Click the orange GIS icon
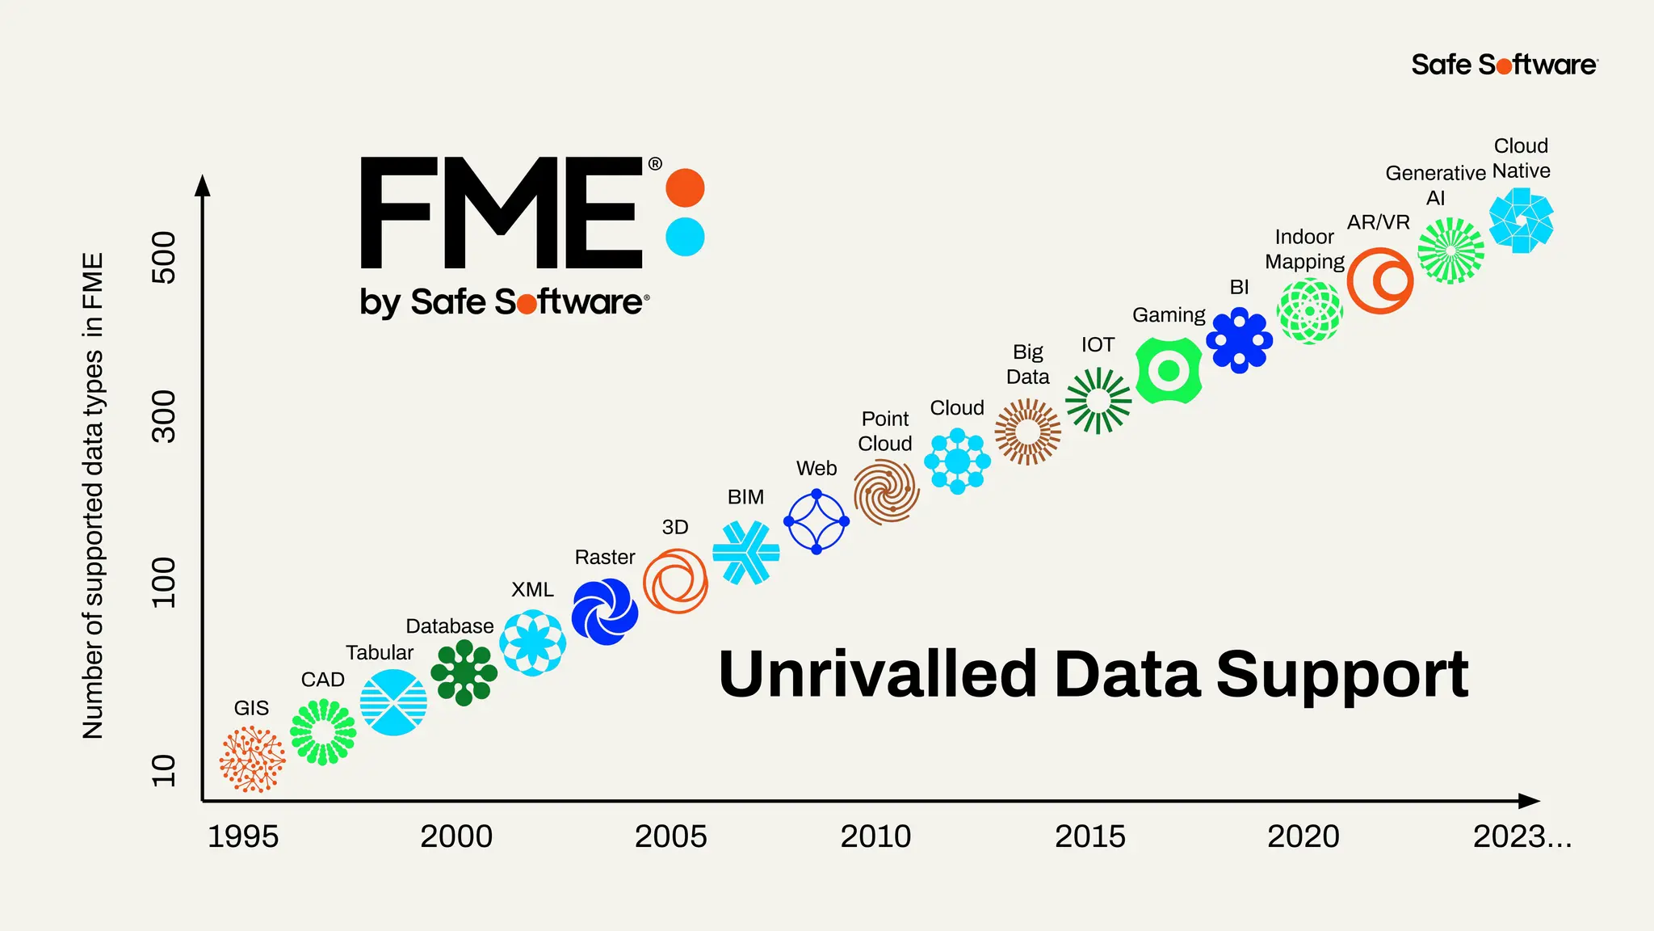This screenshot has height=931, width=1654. point(252,758)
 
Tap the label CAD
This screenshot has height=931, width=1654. point(322,680)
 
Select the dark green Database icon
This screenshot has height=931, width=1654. point(464,672)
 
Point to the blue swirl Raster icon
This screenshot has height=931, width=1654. point(605,612)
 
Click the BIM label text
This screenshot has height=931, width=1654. point(745,497)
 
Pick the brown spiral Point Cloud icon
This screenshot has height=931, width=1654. point(886,491)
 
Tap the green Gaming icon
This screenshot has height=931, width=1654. point(1168,371)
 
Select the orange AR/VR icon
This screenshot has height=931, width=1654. point(1380,280)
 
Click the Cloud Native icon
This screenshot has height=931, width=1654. point(1521,221)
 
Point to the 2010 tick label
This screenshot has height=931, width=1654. point(875,836)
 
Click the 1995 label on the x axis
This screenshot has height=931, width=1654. point(243,836)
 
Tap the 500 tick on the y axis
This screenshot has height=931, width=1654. point(164,257)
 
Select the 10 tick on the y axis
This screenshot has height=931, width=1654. point(164,770)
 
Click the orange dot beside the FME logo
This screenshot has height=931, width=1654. point(685,188)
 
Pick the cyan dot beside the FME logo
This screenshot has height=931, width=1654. point(685,237)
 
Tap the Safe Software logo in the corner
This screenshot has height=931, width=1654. point(1504,65)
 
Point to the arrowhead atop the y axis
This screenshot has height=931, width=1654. point(203,185)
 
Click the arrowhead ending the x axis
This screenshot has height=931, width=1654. point(1529,801)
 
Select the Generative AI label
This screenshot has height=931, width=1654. point(1435,185)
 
